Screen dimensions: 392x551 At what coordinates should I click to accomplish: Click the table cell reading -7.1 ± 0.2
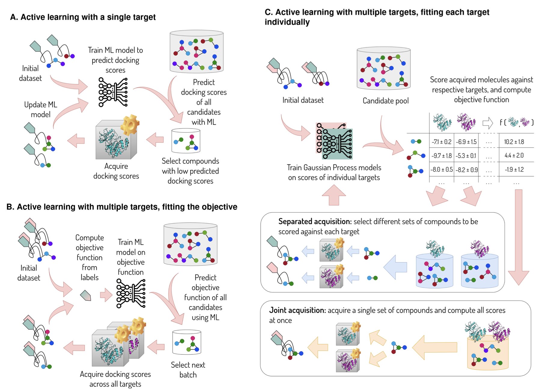[441, 142]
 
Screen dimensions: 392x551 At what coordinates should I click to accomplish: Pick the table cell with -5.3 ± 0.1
[466, 156]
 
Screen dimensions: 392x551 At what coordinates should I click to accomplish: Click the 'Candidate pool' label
[385, 101]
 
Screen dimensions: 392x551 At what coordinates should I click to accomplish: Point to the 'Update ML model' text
[41, 110]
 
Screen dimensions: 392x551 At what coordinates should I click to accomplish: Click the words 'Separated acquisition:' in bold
[315, 222]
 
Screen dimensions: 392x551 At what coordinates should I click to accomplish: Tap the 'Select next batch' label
[188, 370]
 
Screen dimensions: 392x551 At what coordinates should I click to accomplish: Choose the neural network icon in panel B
[131, 294]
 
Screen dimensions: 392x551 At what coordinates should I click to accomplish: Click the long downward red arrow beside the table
[518, 237]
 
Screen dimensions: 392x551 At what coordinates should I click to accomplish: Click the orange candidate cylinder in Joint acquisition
[488, 353]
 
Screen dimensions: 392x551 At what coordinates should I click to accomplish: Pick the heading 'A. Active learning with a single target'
[83, 17]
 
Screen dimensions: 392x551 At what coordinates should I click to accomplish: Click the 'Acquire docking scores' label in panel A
[116, 171]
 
